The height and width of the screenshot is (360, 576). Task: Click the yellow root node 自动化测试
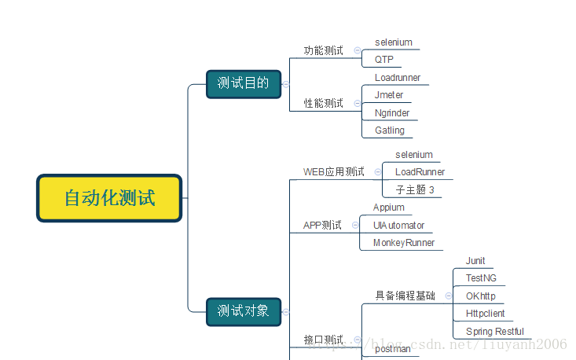[x=109, y=198]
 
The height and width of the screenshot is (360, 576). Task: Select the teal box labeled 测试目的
[x=244, y=83]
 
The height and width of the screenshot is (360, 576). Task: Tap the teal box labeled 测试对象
[x=244, y=310]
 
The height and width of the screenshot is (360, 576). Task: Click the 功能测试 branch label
[x=324, y=51]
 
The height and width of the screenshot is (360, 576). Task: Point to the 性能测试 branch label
[x=324, y=103]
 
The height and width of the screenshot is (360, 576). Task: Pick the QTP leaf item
[x=384, y=60]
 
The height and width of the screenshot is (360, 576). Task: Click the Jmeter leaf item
[x=389, y=95]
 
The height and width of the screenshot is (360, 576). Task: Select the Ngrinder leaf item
[x=392, y=113]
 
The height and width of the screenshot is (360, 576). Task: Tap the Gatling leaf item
[x=390, y=130]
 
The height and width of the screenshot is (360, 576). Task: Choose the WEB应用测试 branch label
[x=334, y=172]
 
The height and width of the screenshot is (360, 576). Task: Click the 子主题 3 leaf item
[x=414, y=190]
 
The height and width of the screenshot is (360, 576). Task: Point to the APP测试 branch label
[x=323, y=226]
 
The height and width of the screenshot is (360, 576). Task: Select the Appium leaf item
[x=389, y=208]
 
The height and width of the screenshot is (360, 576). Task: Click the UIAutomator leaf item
[x=398, y=226]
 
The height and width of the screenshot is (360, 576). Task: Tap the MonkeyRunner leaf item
[x=404, y=243]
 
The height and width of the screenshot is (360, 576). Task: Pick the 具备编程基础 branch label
[x=405, y=296]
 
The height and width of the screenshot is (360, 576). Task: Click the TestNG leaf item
[x=481, y=278]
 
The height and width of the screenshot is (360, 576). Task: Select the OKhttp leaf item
[x=481, y=296]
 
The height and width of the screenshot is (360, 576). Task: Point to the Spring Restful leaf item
[x=494, y=332]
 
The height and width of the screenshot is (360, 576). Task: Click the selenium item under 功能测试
[x=394, y=42]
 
